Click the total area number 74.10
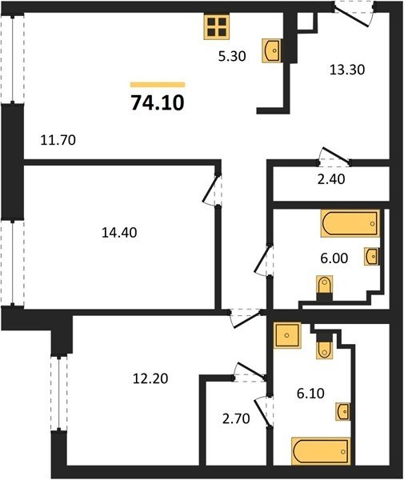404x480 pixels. [158, 102]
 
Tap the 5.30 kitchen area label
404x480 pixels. [232, 56]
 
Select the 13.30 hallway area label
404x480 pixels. [347, 70]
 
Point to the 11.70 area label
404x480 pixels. [58, 140]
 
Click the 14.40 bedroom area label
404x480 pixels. [119, 233]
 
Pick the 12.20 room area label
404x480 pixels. [150, 379]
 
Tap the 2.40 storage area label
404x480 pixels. [331, 179]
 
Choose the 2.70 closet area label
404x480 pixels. [236, 418]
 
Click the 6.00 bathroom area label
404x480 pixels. [334, 258]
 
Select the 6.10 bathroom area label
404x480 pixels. [310, 393]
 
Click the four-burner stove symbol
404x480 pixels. [217, 27]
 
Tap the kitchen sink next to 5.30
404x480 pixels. [272, 50]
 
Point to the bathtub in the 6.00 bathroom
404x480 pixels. [350, 223]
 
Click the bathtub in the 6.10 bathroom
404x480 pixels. [321, 451]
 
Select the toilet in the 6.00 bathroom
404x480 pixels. [325, 288]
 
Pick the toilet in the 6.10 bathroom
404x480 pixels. [324, 346]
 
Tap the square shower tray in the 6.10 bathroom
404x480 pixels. [287, 335]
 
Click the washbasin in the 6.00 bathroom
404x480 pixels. [371, 256]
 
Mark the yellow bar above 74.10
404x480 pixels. [158, 85]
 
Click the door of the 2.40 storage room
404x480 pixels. [334, 155]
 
